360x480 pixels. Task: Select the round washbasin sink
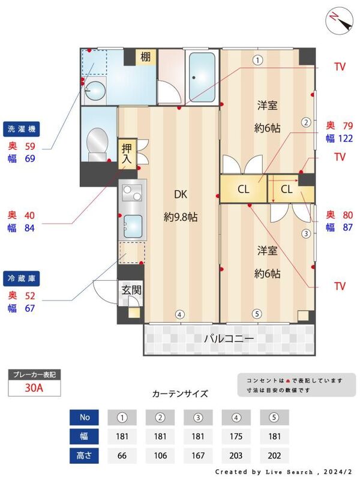[x=94, y=90]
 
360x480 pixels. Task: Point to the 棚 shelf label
[x=146, y=58]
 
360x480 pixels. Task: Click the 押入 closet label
[x=127, y=154]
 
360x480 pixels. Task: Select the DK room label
[x=181, y=194]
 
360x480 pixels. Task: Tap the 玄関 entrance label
[x=131, y=289]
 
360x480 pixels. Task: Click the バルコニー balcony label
[x=229, y=339]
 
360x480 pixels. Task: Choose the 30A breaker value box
[x=34, y=388]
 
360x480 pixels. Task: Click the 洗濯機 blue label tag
[x=22, y=129]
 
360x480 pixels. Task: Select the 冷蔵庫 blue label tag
[x=22, y=279]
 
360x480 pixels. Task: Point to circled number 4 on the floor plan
[x=179, y=314]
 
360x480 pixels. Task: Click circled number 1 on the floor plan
[x=257, y=59]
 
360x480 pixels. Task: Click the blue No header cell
[x=85, y=417]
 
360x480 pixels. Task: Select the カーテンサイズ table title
[x=180, y=394]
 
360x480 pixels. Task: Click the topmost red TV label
[x=340, y=67]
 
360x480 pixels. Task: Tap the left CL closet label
[x=243, y=190]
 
